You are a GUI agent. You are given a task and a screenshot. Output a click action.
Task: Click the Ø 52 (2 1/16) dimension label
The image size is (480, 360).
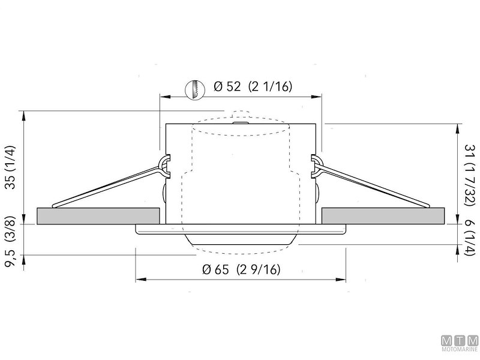click(x=253, y=86)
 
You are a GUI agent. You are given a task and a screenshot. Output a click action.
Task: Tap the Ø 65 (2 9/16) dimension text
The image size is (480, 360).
click(x=241, y=269)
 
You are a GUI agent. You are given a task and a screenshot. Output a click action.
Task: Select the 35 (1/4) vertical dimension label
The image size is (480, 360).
click(x=10, y=167)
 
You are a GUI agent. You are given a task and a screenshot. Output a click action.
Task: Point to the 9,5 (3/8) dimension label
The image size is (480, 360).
click(x=10, y=242)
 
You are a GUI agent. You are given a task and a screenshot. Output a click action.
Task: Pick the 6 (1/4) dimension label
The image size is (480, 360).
click(x=469, y=238)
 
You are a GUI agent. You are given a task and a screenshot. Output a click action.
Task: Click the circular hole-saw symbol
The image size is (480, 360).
click(x=196, y=89)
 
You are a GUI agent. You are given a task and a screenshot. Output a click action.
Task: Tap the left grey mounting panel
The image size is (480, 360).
click(x=98, y=216)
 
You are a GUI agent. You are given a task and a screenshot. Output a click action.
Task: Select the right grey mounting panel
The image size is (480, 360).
click(x=383, y=216)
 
